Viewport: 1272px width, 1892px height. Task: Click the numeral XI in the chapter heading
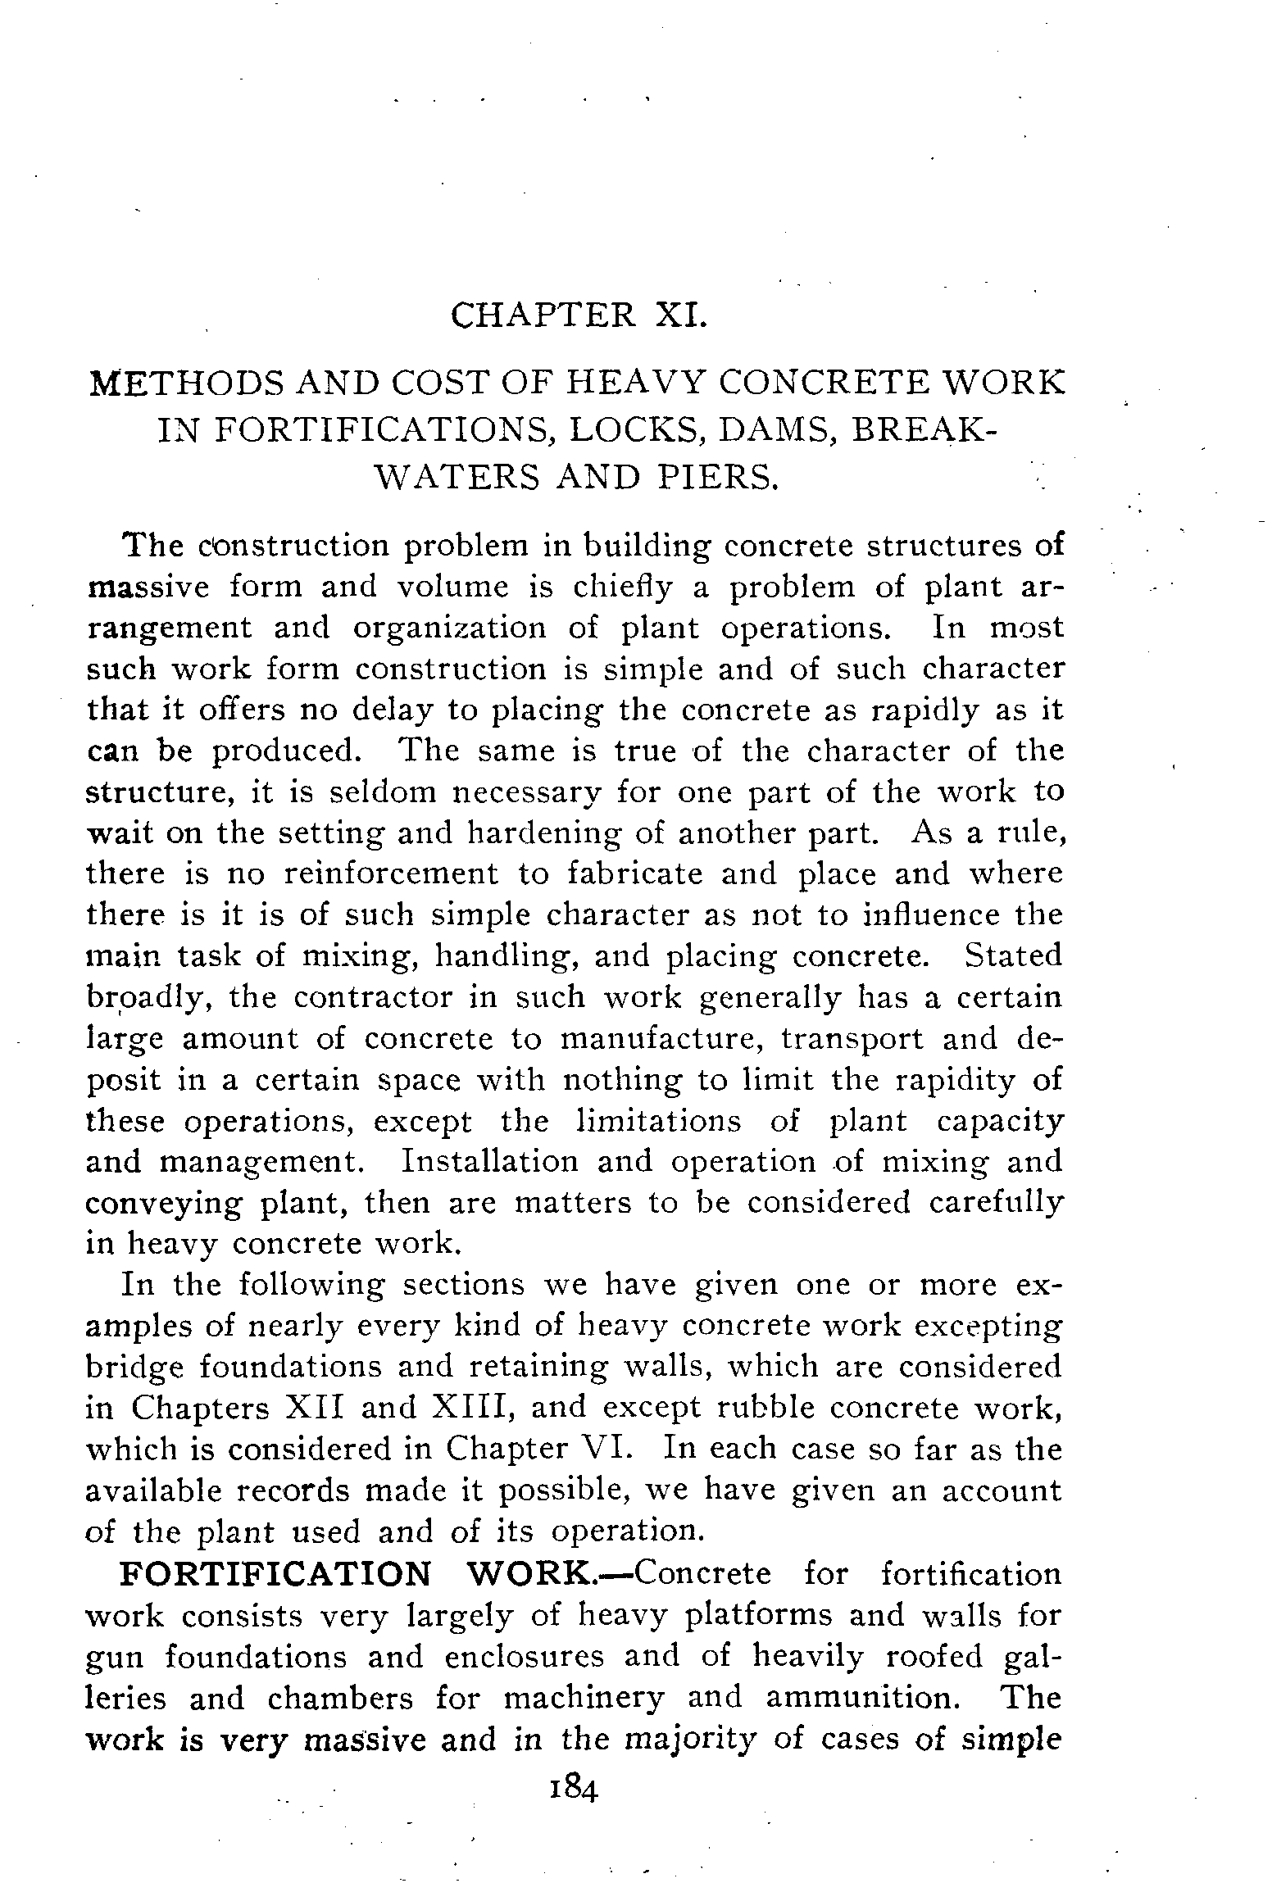679,315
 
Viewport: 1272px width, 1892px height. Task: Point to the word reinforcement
390,874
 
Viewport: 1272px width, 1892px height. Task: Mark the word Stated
1013,956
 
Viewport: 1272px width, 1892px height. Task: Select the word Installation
490,1162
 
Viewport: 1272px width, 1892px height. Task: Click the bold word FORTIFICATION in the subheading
275,1574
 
